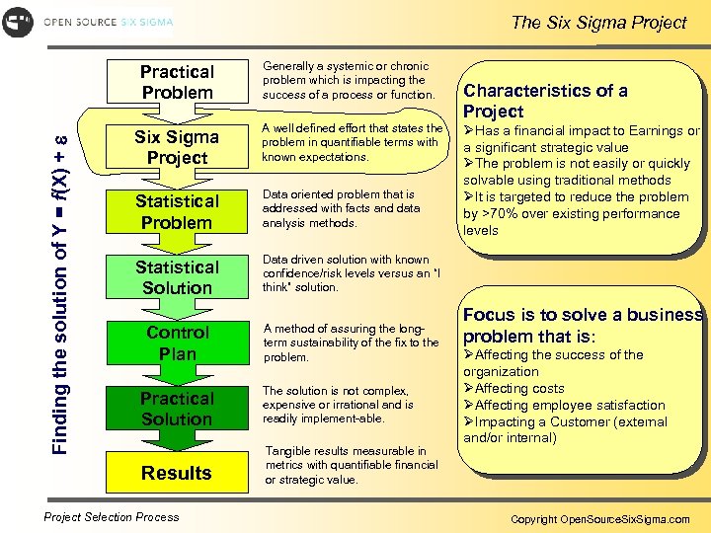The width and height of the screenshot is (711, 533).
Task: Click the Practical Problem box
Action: (x=177, y=82)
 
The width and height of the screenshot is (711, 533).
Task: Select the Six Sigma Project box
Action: (x=177, y=147)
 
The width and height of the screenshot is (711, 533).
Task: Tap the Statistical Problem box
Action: (x=177, y=212)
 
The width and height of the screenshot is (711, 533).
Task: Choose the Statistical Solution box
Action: (x=177, y=277)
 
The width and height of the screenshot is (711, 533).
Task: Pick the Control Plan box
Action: (x=177, y=343)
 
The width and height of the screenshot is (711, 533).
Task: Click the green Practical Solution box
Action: (x=177, y=409)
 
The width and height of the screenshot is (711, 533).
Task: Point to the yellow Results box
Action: (x=177, y=473)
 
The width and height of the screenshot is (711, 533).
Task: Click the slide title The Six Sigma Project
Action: (x=598, y=22)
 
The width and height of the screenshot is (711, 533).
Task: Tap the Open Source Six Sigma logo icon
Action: (x=18, y=22)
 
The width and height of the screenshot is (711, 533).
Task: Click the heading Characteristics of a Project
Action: (x=545, y=101)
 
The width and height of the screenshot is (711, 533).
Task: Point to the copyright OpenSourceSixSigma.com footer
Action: (x=600, y=518)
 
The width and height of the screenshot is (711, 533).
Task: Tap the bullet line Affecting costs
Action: (x=519, y=388)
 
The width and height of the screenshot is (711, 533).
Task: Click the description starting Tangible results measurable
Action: (x=351, y=466)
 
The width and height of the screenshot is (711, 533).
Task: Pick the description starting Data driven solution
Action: (x=351, y=273)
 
